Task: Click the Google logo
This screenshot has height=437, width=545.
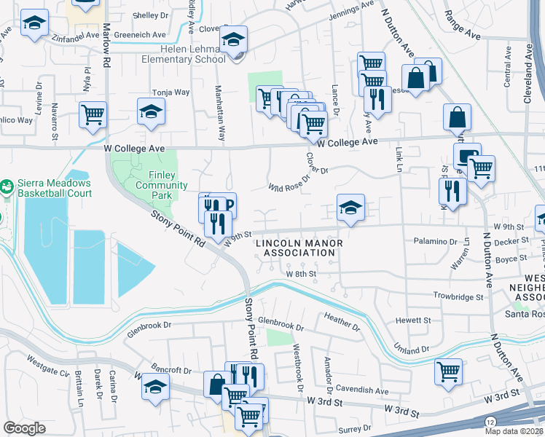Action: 24,428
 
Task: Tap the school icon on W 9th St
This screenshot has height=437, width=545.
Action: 350,209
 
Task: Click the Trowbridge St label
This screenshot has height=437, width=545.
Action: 459,297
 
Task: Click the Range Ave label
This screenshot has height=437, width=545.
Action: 484,34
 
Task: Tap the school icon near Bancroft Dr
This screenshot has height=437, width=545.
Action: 154,388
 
